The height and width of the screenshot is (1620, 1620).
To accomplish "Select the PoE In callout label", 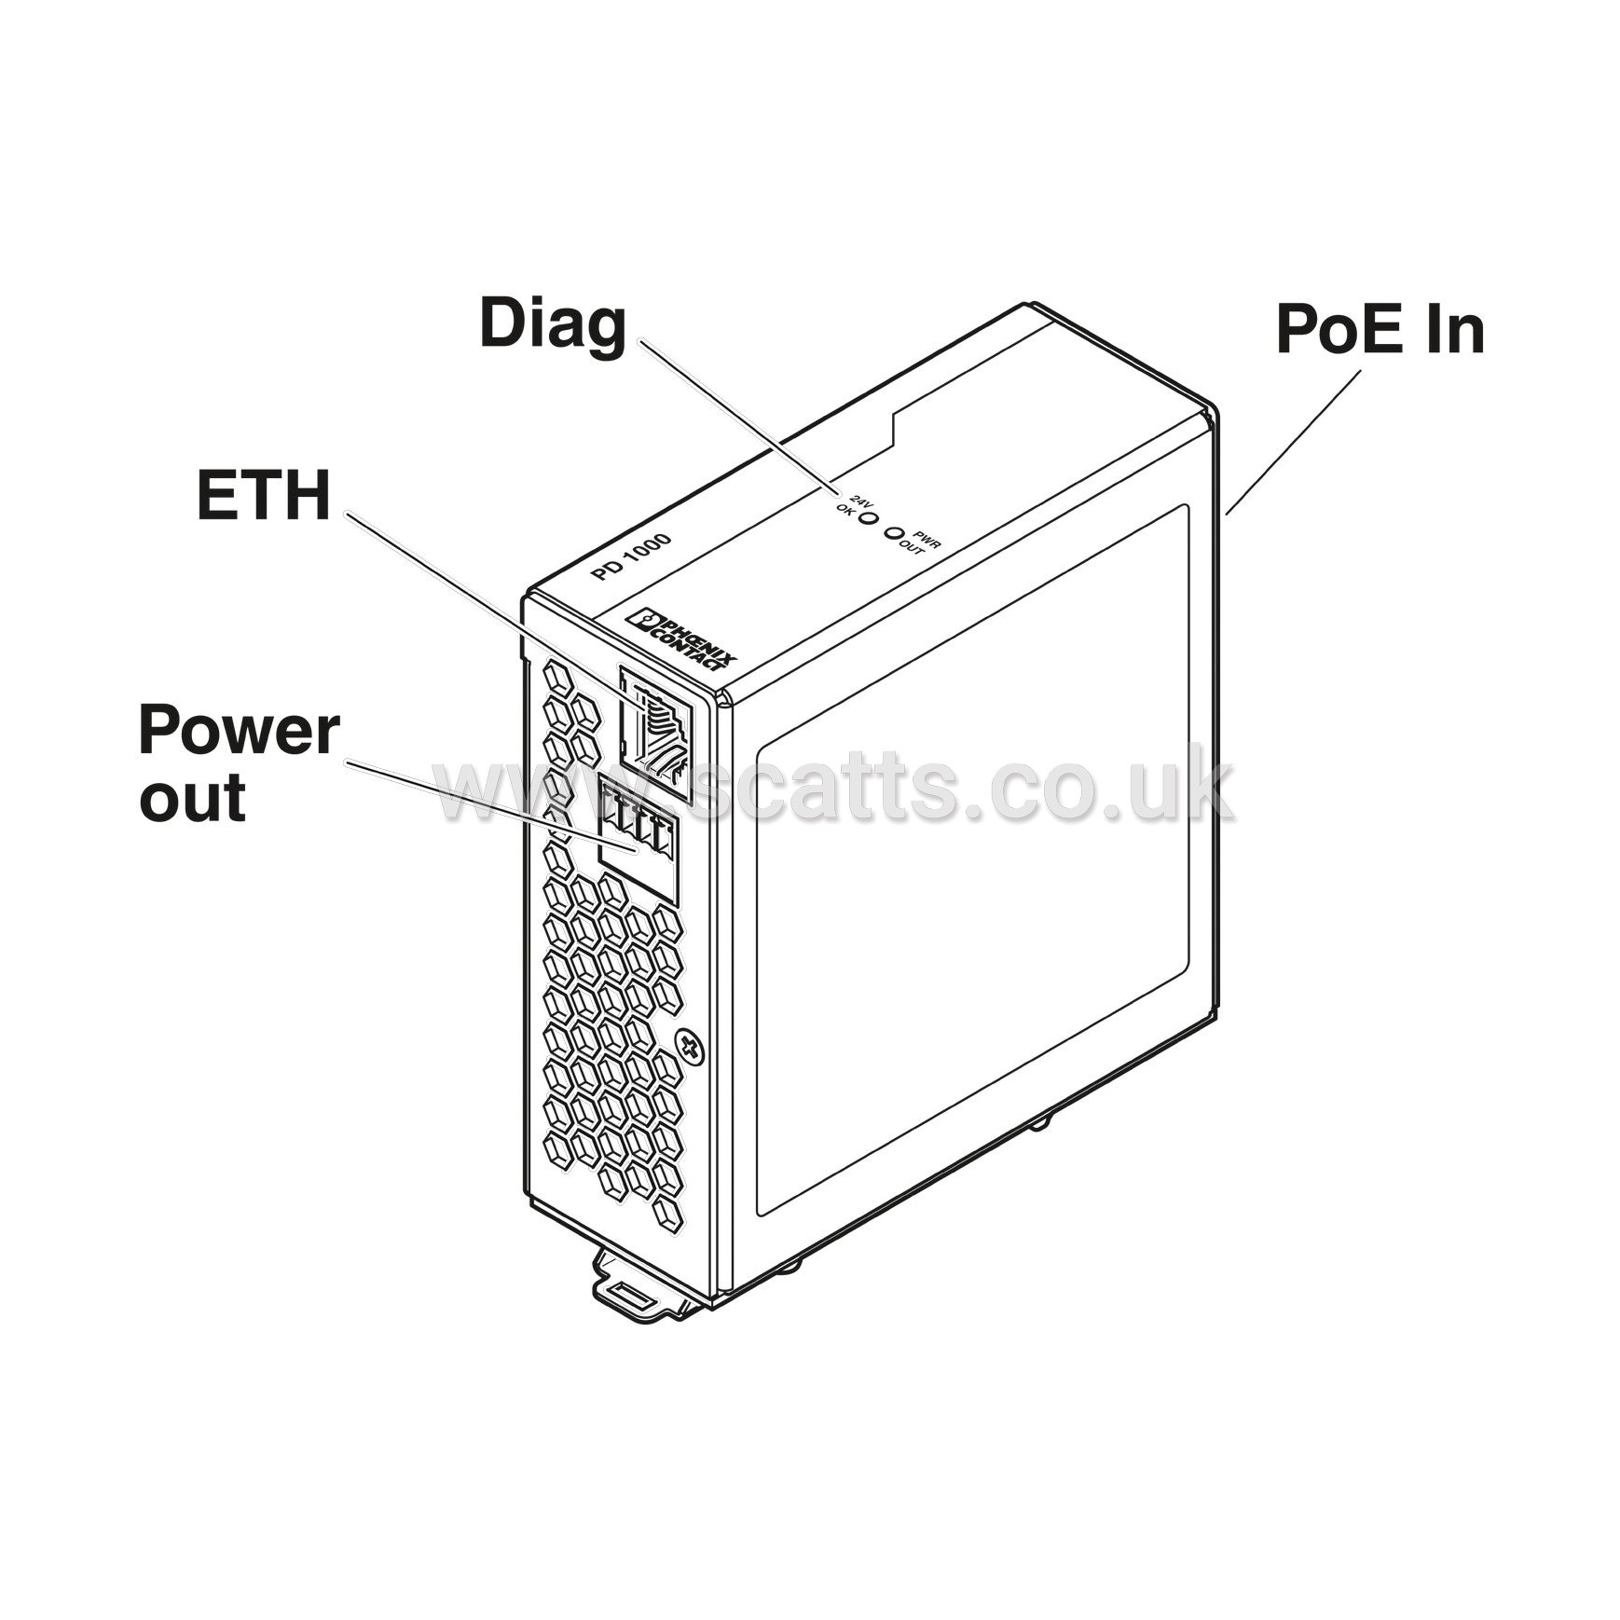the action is point(1380,329).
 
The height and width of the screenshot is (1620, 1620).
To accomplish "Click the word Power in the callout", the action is point(239,732).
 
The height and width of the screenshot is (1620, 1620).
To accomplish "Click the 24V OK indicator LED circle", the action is point(867,515).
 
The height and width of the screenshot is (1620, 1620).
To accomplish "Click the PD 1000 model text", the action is point(631,556).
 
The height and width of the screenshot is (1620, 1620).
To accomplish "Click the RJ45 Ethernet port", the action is point(656,732).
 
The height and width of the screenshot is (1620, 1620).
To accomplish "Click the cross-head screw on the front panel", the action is point(691,1047).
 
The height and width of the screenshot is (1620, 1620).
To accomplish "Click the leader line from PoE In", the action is point(1293,443).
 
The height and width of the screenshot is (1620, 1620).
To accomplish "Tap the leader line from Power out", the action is point(491,806).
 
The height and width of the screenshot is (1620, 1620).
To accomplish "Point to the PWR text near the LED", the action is point(927,540).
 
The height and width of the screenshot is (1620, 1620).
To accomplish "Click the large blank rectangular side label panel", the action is point(972,860).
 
